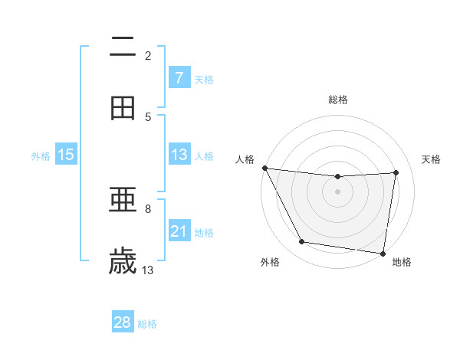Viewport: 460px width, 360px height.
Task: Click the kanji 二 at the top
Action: pos(123,47)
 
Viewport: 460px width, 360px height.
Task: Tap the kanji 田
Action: pos(123,109)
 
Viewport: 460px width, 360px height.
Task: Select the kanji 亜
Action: pos(123,201)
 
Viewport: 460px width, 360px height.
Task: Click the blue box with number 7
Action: pos(179,78)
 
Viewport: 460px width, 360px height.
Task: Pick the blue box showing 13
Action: pos(179,155)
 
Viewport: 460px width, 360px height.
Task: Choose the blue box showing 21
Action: pos(179,231)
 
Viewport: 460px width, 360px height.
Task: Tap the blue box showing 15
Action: pos(66,155)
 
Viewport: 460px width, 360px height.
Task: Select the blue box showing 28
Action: pos(123,322)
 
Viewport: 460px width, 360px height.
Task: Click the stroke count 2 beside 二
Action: pos(148,55)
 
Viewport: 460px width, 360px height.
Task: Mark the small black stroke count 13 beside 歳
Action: pos(148,270)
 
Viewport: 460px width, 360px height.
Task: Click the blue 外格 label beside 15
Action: pos(41,155)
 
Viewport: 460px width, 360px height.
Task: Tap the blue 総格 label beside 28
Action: pos(147,323)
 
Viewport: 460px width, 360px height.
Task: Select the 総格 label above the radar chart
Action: pos(337,100)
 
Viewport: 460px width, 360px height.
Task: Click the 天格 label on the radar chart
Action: pos(432,159)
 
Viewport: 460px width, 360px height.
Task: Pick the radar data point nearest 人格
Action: pos(264,168)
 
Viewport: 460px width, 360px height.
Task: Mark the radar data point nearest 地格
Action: pos(383,253)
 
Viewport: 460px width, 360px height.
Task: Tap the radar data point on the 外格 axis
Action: pos(301,242)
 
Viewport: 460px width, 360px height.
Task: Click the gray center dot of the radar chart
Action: pos(337,191)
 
